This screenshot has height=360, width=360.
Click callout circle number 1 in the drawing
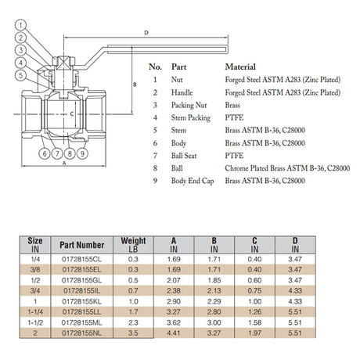coord(21,25)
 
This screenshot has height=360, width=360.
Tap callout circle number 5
coord(21,75)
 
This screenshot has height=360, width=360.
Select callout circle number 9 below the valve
coord(82,153)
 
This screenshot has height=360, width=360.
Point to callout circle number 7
coord(57,153)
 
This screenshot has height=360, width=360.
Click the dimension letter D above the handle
coord(146,33)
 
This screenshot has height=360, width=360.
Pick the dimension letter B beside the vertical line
coord(135,85)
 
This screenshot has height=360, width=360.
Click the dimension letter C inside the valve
coord(72,114)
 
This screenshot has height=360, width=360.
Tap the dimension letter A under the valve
coord(64,164)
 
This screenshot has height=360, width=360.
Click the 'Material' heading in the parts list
coord(240,67)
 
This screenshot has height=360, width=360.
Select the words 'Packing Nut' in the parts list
coord(189,105)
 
